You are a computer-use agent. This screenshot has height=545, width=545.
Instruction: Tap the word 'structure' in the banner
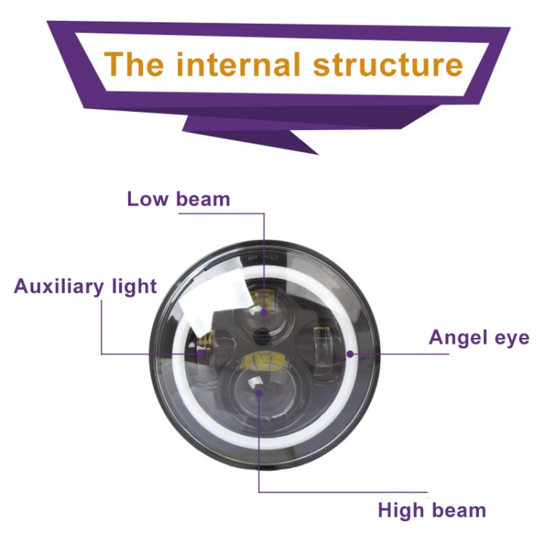pyautogui.click(x=387, y=64)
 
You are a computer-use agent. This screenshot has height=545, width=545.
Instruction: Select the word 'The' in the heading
pyautogui.click(x=135, y=64)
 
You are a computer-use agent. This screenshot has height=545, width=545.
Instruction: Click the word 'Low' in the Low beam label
pyautogui.click(x=148, y=199)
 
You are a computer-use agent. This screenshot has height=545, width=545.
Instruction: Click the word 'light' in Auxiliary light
pyautogui.click(x=134, y=286)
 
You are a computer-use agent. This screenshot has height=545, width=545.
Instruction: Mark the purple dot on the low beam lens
pyautogui.click(x=264, y=312)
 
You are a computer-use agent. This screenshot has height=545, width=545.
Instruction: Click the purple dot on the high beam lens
pyautogui.click(x=259, y=393)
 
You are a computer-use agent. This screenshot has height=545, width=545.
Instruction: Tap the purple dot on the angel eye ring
pyautogui.click(x=350, y=355)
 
